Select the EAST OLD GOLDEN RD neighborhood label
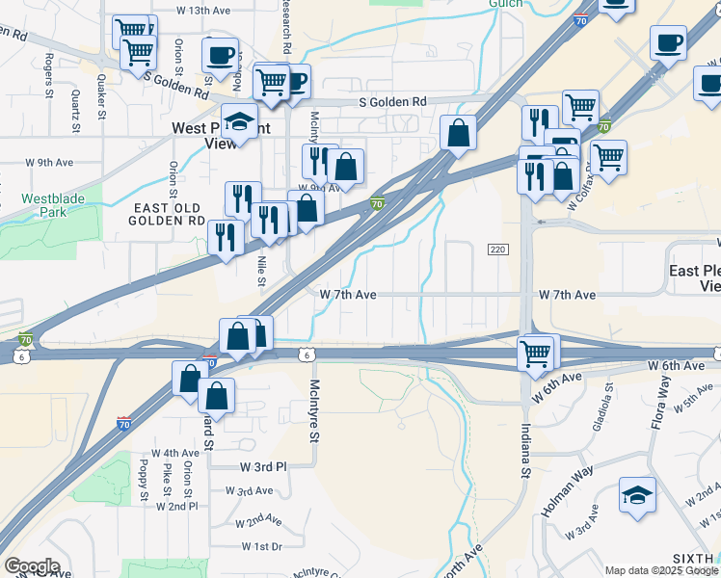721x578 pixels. (169, 214)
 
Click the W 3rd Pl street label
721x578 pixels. (263, 466)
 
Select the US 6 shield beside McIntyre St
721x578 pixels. (305, 355)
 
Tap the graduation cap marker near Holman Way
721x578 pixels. (637, 494)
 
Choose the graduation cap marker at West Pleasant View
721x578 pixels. (238, 121)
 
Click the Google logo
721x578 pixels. (32, 566)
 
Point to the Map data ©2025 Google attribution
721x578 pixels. (661, 570)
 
